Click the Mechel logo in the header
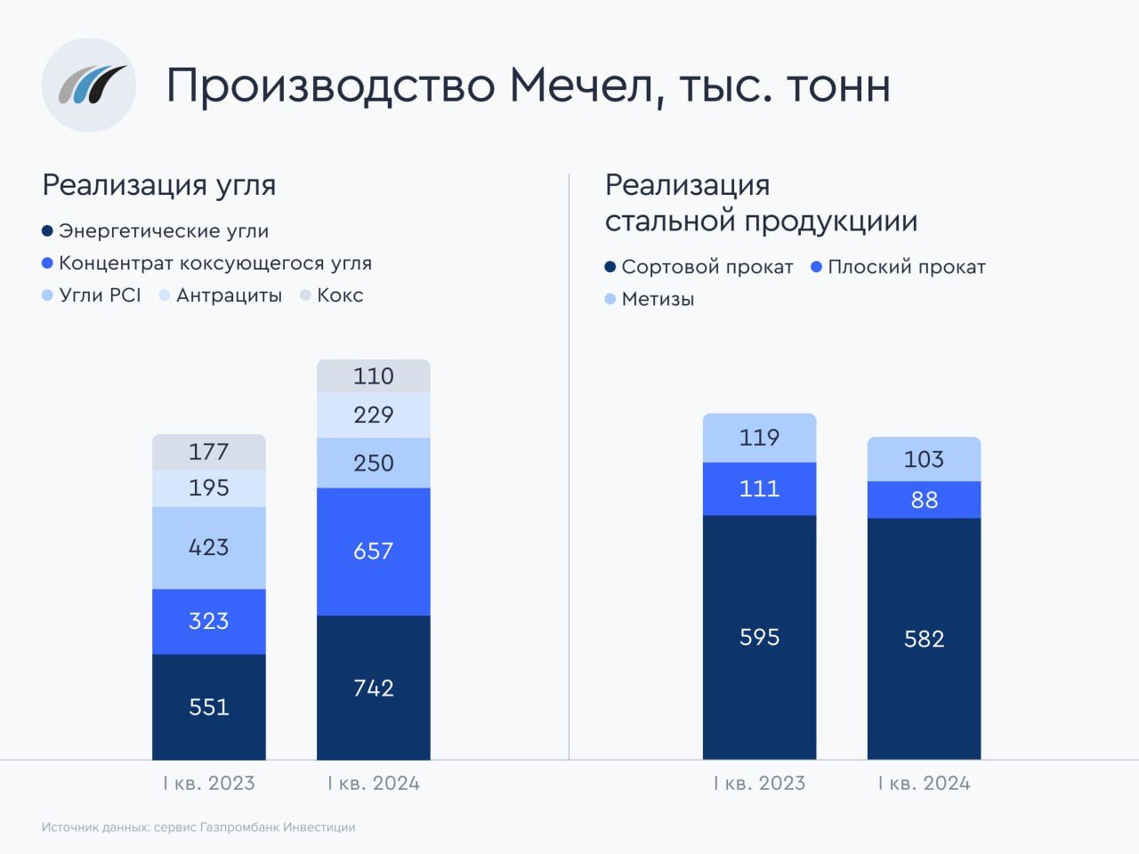coord(89,85)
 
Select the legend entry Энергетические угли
coord(163,231)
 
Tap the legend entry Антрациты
coord(229,295)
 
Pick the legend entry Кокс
coord(340,295)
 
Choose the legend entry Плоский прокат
coord(906,267)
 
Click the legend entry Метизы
coord(658,299)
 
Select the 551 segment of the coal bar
coord(209,706)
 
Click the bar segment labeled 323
coord(209,621)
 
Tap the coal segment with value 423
coord(209,547)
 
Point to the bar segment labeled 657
coord(374,551)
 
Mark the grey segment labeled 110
coord(374,375)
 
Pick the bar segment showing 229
coord(374,415)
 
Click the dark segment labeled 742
coord(374,687)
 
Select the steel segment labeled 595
coord(759,637)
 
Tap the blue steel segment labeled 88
coord(924,499)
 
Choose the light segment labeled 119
coord(759,437)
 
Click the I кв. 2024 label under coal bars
coord(374,784)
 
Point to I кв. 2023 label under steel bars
coord(759,784)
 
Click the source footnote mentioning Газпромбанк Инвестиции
coord(198,827)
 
